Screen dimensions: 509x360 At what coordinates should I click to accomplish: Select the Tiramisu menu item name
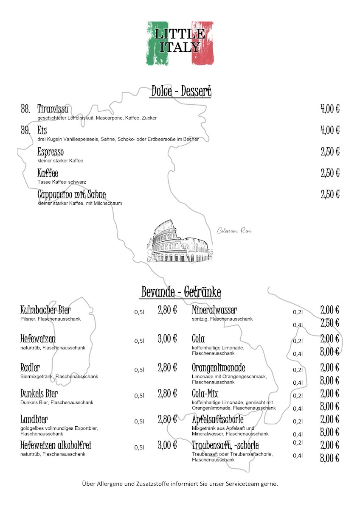point(53,109)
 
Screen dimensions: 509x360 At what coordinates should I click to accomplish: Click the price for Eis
point(330,130)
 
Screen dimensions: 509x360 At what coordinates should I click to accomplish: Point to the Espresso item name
point(51,152)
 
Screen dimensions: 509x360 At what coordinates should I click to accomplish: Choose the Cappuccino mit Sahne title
point(72,195)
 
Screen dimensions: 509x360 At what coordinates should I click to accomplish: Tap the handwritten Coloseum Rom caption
point(234,231)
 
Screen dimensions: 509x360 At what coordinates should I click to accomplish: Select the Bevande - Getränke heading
point(181,292)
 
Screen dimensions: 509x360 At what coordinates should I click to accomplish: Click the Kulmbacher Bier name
point(45,310)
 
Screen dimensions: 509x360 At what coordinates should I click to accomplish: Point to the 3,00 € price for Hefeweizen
point(167,339)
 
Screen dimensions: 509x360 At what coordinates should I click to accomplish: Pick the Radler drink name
point(30,367)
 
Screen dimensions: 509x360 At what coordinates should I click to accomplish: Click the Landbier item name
point(34,420)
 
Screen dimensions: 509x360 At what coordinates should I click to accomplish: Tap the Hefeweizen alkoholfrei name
point(56,445)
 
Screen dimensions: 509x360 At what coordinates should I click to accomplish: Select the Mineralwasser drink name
point(214,310)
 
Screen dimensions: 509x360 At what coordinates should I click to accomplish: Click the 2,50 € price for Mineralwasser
point(330,323)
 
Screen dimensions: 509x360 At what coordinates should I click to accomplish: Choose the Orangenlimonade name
point(219,367)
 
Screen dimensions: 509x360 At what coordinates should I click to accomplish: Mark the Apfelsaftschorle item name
point(218,420)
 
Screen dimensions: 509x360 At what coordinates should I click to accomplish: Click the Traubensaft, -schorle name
point(225,445)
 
